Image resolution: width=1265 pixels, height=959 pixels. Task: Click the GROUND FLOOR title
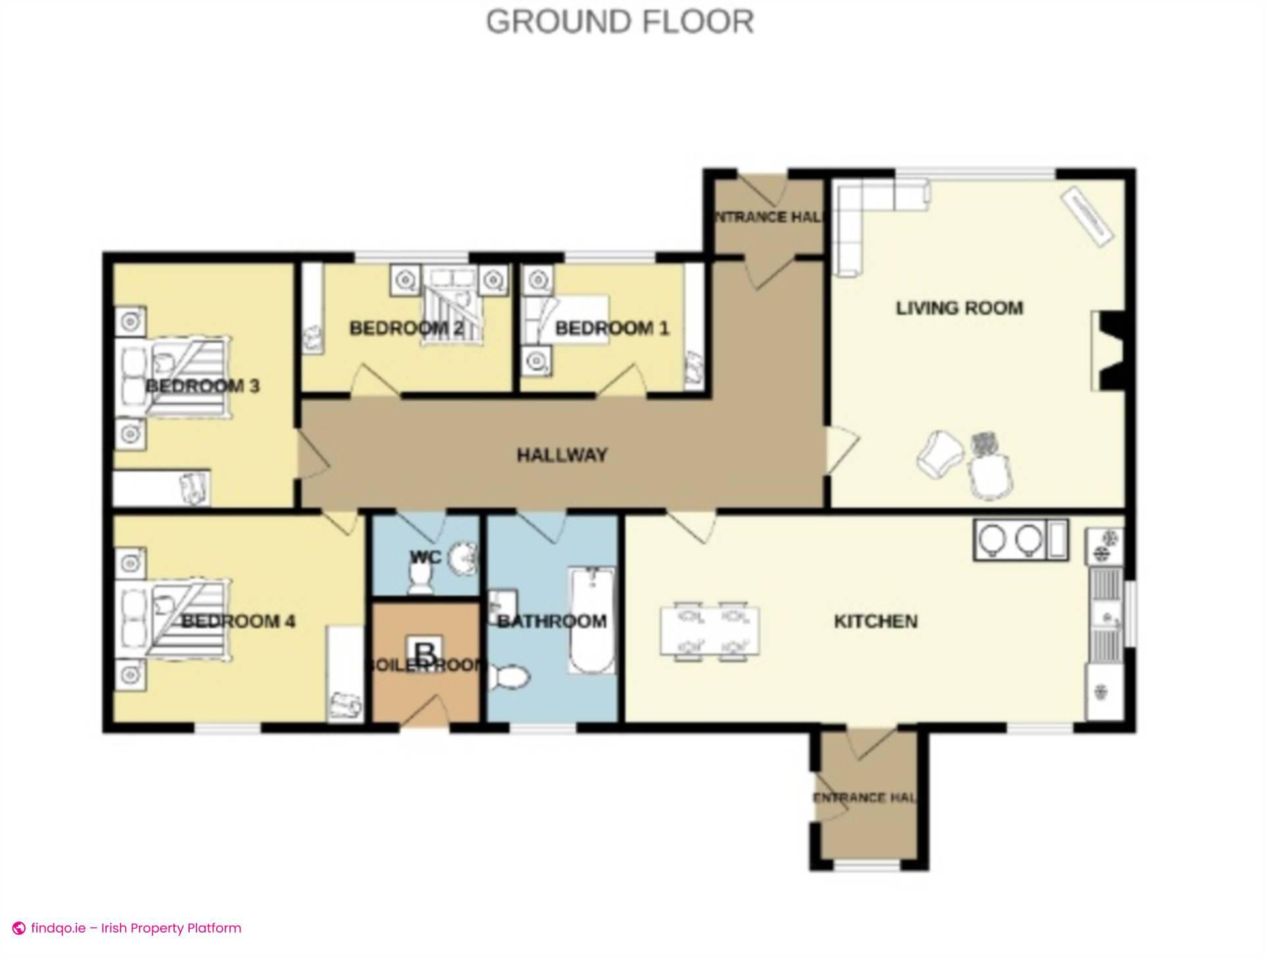619,22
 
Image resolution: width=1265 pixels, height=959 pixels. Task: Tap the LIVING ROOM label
959,308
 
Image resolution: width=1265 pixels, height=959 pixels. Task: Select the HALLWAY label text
561,455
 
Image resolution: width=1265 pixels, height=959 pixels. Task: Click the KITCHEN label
876,621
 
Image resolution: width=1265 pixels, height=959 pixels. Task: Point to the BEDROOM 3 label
202,386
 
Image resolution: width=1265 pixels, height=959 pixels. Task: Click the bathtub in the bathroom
592,621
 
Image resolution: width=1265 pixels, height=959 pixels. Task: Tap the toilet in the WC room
420,580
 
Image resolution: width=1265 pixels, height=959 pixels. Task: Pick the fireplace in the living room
1108,351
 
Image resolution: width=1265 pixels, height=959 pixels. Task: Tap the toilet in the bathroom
508,678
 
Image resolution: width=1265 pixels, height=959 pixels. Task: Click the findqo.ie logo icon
19,929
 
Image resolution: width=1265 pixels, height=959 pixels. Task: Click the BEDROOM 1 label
611,328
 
